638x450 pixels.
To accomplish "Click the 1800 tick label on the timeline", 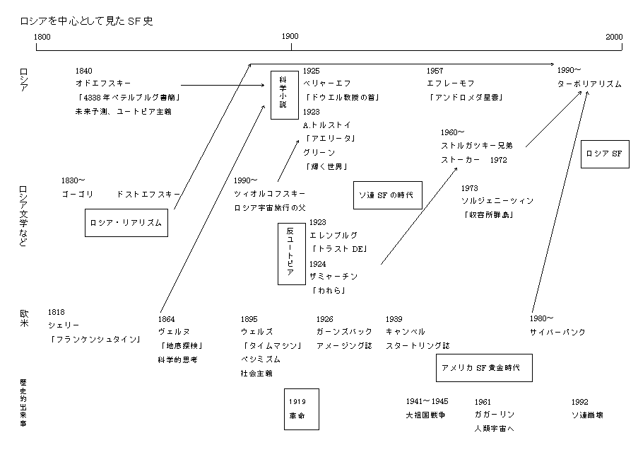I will [x=42, y=36].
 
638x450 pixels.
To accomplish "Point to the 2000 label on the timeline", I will [x=613, y=36].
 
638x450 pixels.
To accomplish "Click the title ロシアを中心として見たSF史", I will [x=87, y=21].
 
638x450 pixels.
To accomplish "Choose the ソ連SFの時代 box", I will [x=387, y=194].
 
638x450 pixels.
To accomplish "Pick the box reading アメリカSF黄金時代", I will [x=483, y=368].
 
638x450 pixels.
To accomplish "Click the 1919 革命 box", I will [x=301, y=409].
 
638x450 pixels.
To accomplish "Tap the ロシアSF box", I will [x=604, y=154].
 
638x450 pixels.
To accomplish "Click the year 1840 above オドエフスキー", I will [x=83, y=71].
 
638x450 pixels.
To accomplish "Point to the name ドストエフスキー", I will [x=148, y=193].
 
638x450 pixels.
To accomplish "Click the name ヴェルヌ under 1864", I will [x=172, y=332].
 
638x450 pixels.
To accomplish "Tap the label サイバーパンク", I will [x=557, y=332].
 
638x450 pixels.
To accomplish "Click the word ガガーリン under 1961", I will [x=495, y=415].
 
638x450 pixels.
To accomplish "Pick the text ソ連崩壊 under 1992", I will [x=587, y=415].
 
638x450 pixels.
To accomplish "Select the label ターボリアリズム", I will [x=589, y=83].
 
